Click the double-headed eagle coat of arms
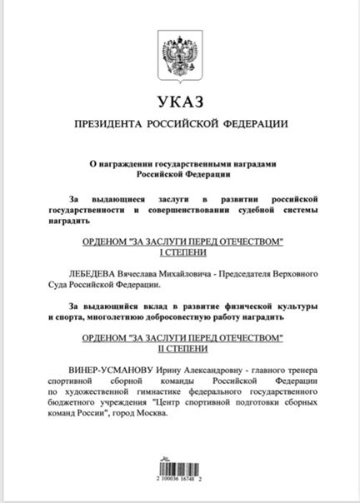[180, 55]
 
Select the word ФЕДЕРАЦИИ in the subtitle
[252, 125]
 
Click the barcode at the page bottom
[180, 463]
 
